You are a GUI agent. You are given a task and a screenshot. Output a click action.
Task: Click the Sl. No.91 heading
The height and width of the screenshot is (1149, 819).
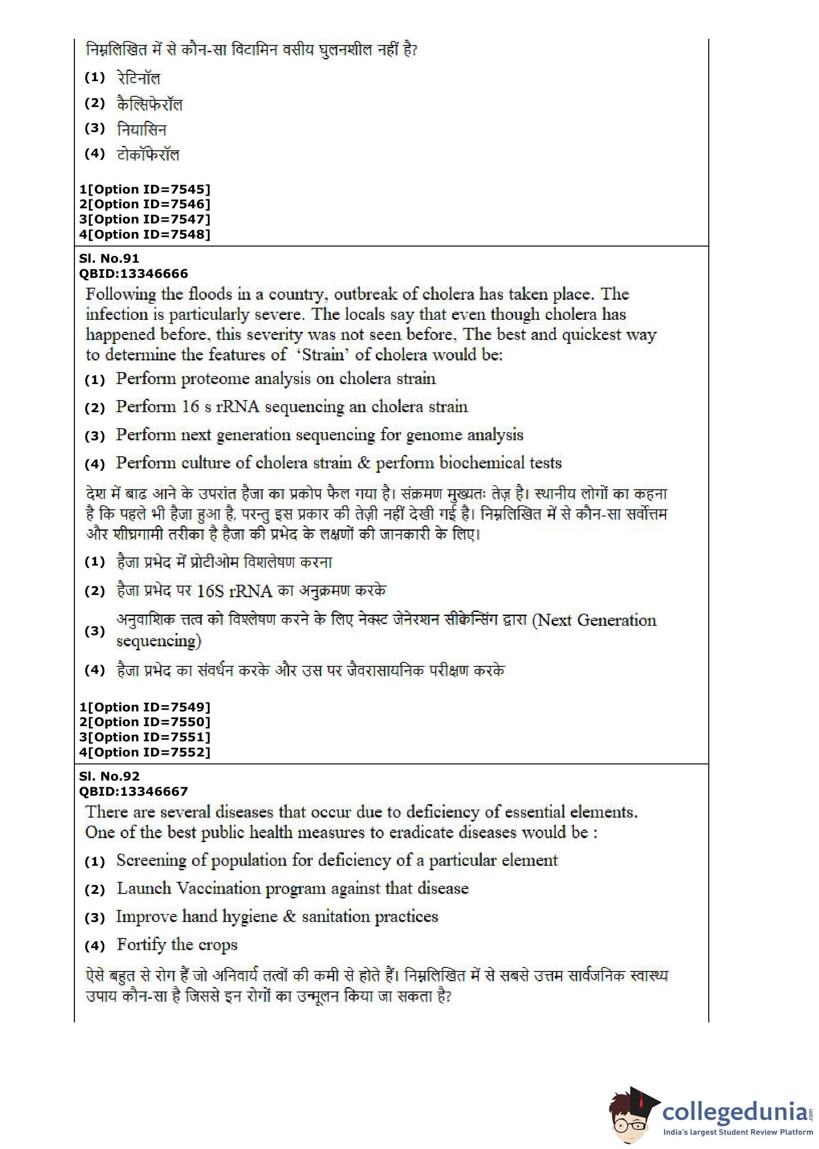click(109, 259)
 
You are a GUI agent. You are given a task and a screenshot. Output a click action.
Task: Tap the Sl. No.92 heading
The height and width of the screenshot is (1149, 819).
click(109, 777)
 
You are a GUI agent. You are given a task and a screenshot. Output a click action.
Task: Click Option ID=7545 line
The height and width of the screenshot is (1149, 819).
click(145, 190)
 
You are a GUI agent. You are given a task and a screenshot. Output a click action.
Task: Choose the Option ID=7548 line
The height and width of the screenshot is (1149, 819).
click(145, 235)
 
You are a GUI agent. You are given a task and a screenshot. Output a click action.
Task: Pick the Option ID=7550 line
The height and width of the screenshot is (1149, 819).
click(145, 722)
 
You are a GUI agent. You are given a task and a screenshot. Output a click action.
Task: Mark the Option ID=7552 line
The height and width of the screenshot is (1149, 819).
click(145, 752)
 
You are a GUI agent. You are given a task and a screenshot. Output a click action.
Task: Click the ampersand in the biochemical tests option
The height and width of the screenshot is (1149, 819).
click(363, 463)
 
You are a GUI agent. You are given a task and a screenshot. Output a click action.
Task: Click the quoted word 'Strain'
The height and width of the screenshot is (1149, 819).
click(323, 355)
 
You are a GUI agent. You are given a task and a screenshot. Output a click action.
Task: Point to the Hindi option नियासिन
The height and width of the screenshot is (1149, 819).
click(141, 129)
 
